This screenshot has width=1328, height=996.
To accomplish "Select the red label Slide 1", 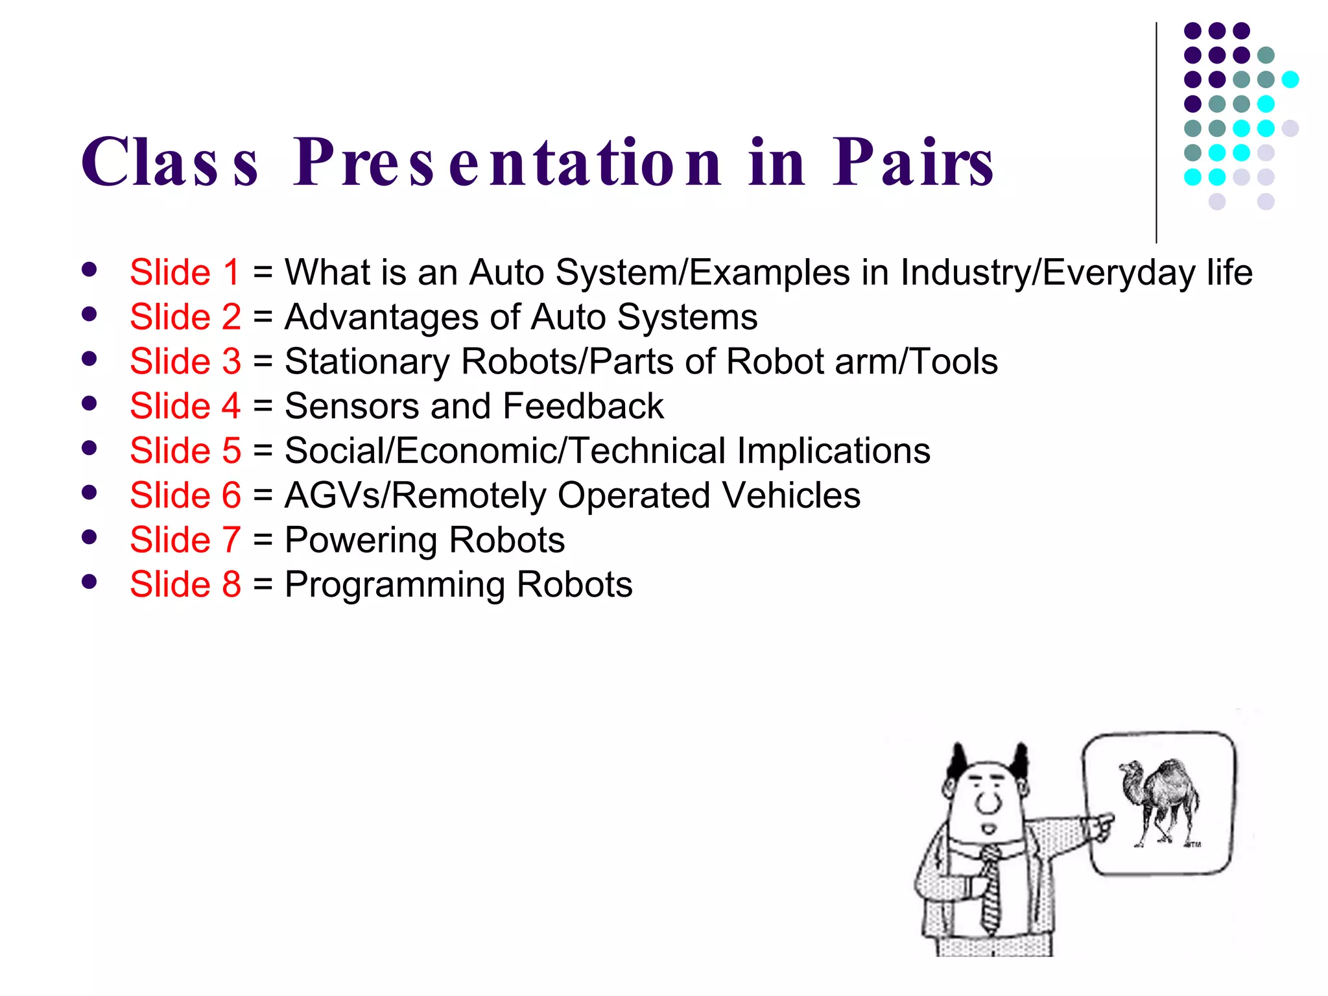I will [185, 272].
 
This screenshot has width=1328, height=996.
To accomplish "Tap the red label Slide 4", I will [185, 407].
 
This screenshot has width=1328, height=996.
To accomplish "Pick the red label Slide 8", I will [185, 585].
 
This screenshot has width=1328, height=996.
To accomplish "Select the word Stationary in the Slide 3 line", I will [366, 362].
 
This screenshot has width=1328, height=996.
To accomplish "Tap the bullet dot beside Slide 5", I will [89, 448].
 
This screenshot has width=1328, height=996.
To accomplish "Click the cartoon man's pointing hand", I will [1100, 826].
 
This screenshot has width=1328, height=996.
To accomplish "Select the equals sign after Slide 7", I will [263, 540].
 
